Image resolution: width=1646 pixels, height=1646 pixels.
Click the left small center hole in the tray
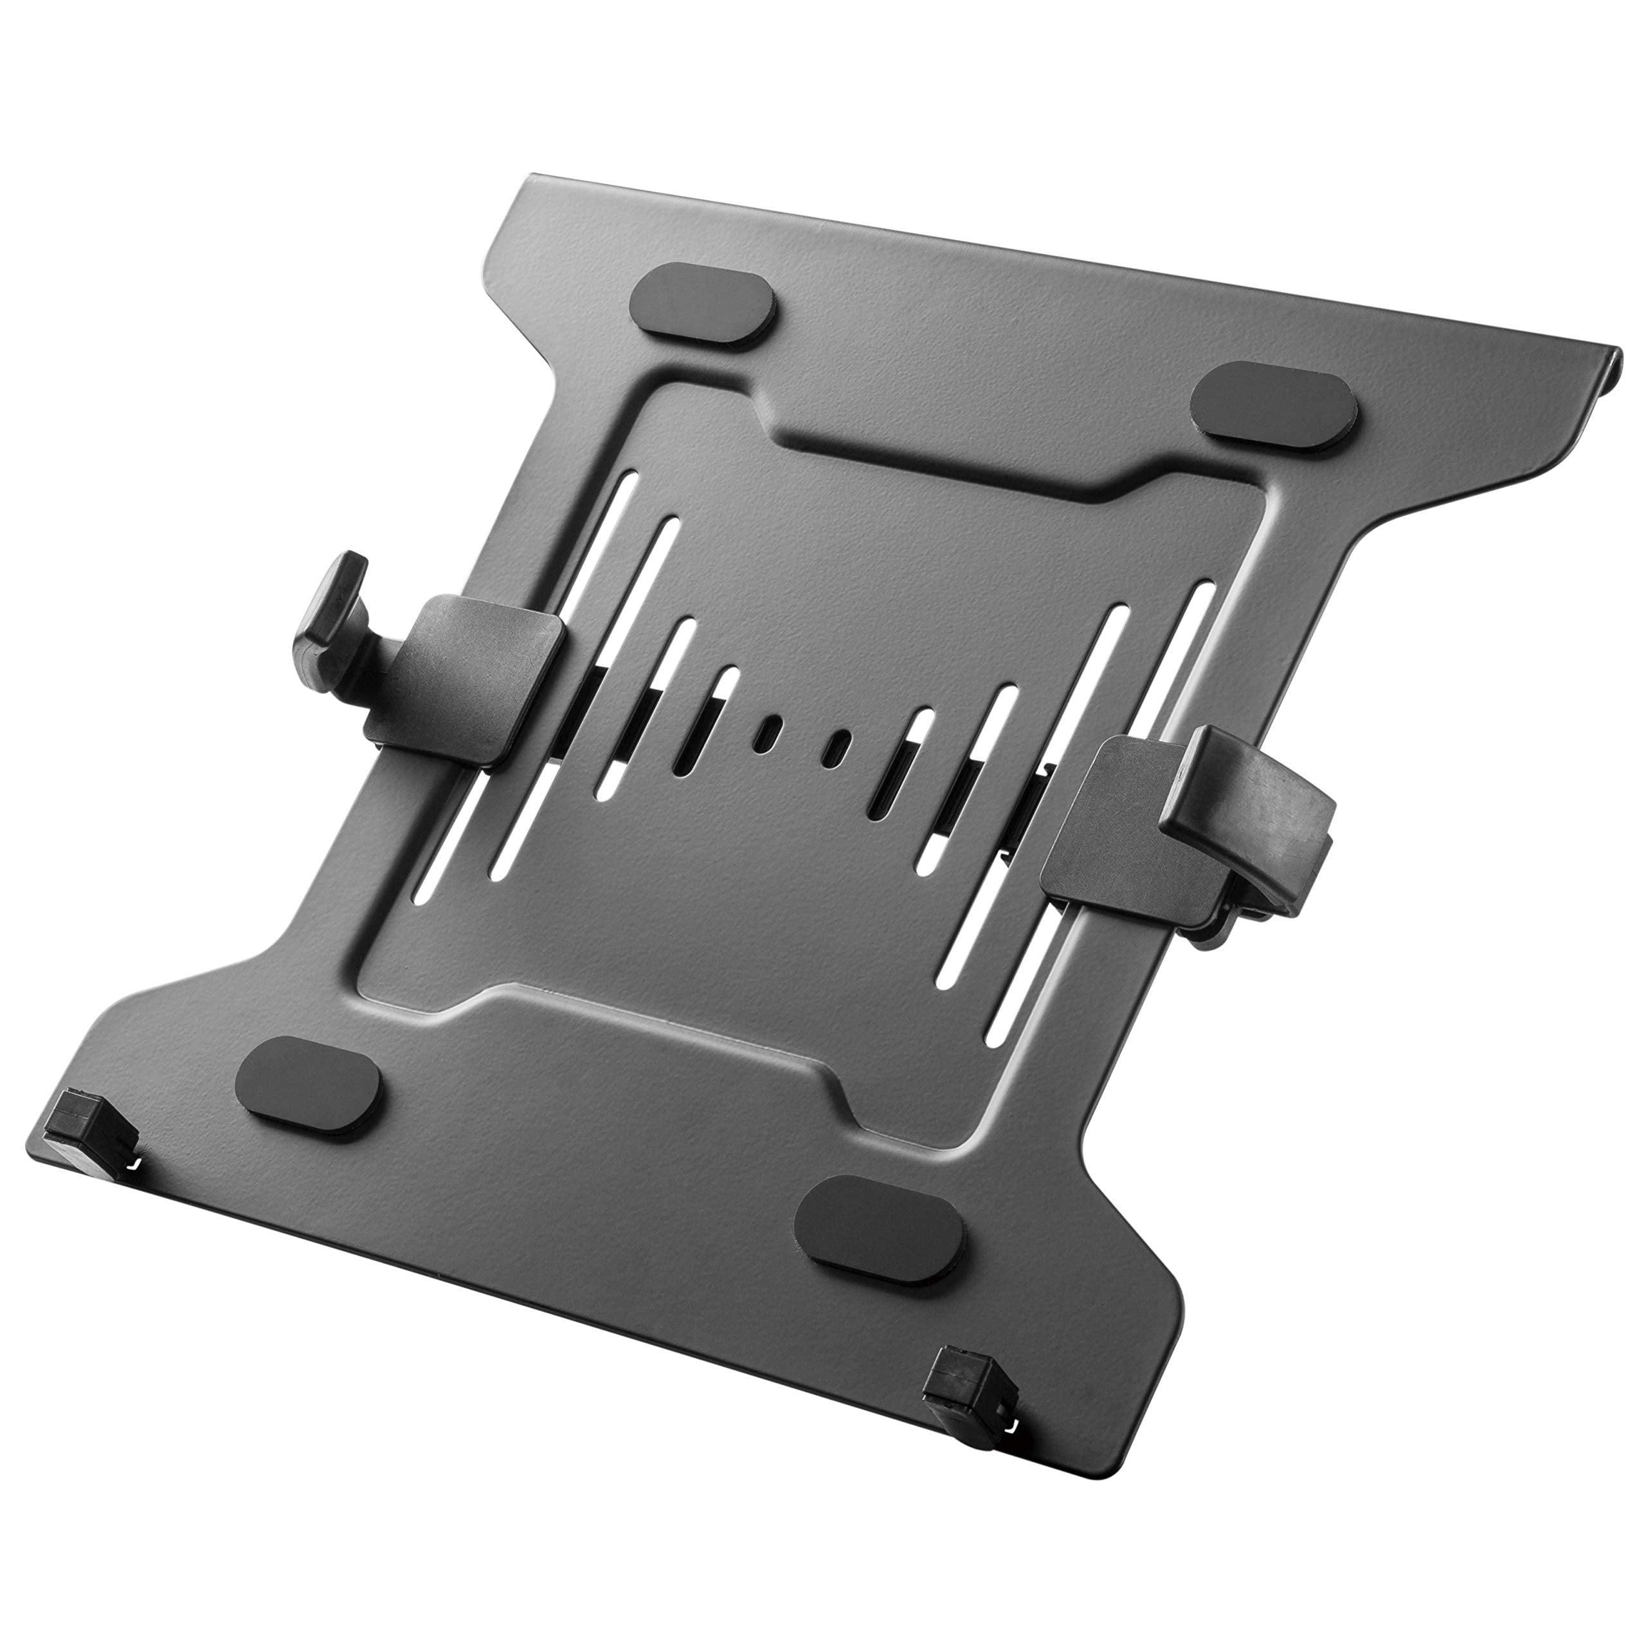pos(771,709)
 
